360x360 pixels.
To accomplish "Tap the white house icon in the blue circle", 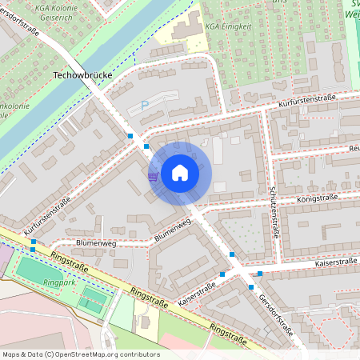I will coord(180,173).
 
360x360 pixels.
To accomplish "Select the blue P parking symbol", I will coord(145,105).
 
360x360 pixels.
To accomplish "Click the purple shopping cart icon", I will coord(153,177).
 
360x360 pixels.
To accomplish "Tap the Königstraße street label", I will coord(317,197).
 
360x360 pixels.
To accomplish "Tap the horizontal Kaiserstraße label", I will coord(335,262).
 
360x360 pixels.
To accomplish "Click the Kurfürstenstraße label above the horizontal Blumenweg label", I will coord(47,215).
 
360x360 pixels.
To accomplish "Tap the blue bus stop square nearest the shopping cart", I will coord(146,146).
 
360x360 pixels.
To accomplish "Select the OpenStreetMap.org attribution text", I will coord(80,354).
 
